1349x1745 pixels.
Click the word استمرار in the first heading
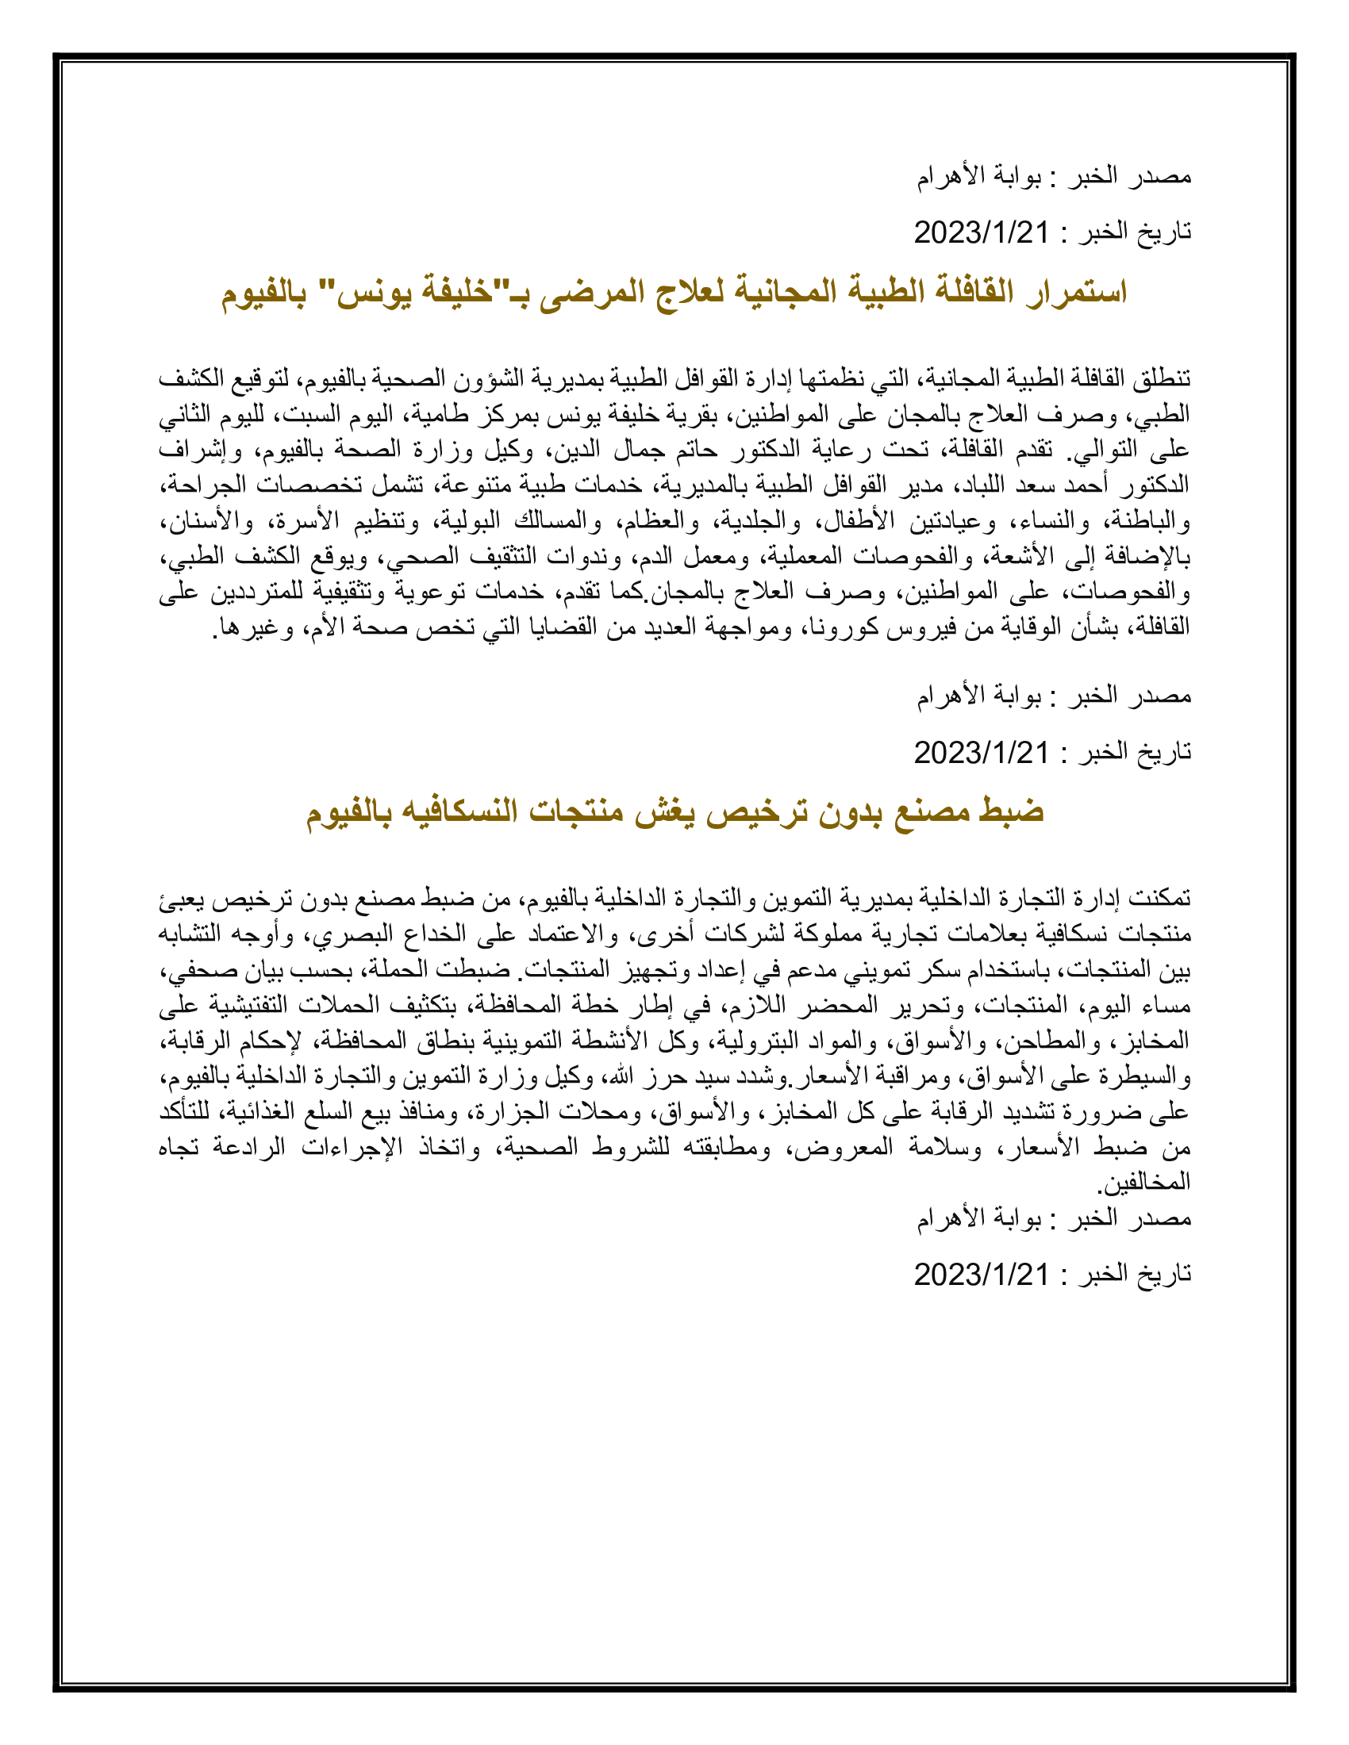[1070, 293]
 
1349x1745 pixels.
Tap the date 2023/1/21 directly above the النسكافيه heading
[981, 753]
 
